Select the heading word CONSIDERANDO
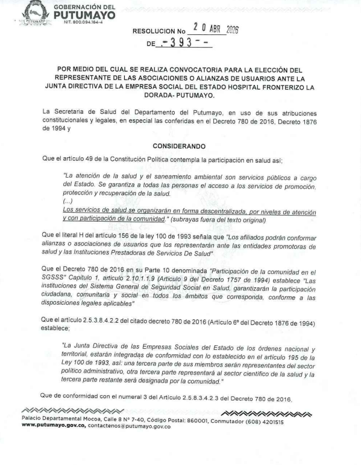tap(179, 146)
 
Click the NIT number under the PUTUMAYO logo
tap(70, 22)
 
